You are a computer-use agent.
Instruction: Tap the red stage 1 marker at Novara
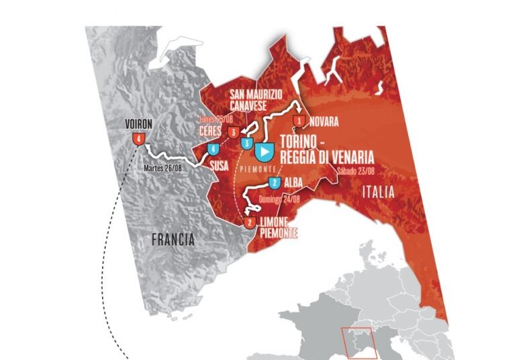(299, 122)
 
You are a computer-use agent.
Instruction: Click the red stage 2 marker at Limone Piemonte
(250, 222)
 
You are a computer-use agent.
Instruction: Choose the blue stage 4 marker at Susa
(213, 149)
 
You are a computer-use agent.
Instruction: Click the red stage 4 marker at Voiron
(138, 138)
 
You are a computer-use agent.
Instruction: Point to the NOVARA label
(325, 122)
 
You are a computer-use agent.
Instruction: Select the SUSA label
(220, 163)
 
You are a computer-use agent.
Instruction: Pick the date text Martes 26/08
(164, 167)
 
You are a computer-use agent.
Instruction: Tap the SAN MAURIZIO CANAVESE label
(258, 99)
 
